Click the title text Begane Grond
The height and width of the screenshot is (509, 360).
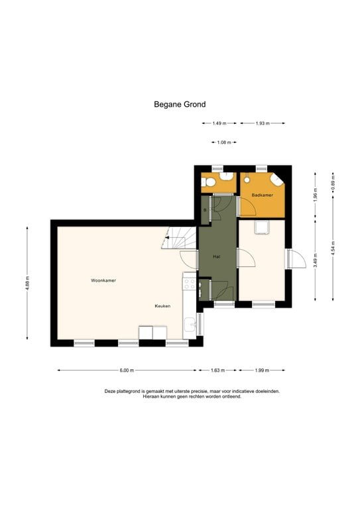tap(180, 104)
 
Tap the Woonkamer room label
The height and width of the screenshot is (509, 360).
tap(103, 280)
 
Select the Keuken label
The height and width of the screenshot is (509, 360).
tap(163, 306)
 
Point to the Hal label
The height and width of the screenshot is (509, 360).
tap(216, 256)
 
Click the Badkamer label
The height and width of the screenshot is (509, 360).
tap(262, 195)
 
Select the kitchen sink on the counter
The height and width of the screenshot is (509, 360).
tap(190, 325)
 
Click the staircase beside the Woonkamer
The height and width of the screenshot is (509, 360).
tap(180, 238)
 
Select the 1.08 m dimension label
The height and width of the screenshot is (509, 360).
tap(223, 142)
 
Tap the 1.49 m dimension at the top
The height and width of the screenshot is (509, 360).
tap(219, 123)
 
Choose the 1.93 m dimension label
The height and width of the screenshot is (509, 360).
tap(262, 123)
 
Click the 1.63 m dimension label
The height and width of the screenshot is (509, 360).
tap(217, 370)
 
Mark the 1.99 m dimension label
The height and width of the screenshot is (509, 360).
tap(262, 370)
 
